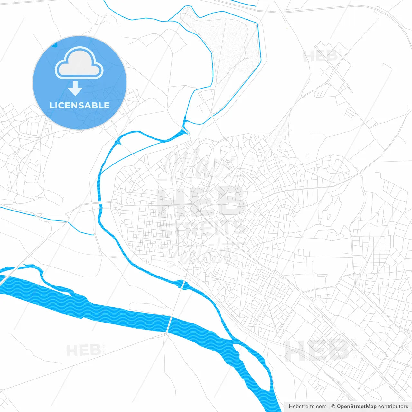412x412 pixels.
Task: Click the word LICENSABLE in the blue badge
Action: click(x=80, y=105)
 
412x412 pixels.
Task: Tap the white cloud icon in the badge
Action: click(x=79, y=63)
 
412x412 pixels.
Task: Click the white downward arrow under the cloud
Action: click(x=75, y=89)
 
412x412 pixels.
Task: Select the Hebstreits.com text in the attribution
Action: click(x=307, y=407)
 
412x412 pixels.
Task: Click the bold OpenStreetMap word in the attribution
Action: click(x=357, y=407)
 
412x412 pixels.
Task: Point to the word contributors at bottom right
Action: click(x=393, y=407)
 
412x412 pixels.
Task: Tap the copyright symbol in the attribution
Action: click(x=333, y=407)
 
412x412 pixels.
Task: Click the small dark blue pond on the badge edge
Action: click(x=54, y=45)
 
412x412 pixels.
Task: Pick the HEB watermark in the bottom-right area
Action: click(x=317, y=351)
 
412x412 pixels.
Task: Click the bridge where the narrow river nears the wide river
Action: click(x=183, y=285)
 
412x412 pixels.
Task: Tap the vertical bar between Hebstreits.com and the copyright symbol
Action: click(x=329, y=407)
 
